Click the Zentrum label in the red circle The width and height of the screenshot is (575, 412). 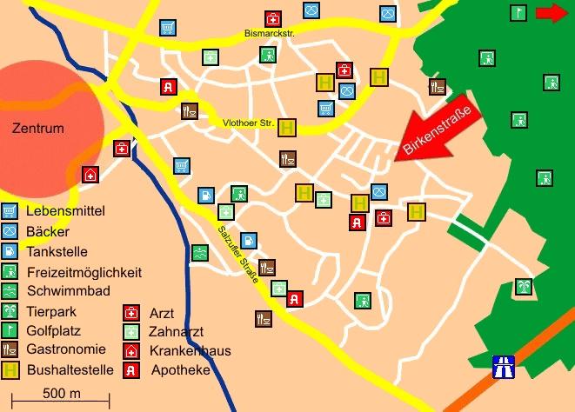[x=38, y=128]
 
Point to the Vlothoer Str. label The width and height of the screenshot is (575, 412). [x=249, y=123]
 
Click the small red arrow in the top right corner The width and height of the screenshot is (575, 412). [x=551, y=13]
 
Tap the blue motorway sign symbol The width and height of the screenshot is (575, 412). [x=503, y=365]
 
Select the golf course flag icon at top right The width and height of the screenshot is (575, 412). [x=518, y=13]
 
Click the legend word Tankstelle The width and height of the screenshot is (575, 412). [x=57, y=252]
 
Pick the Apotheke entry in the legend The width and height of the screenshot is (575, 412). [x=181, y=370]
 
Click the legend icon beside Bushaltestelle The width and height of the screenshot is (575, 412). [x=10, y=369]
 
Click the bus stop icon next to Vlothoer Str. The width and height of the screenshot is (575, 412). [x=287, y=127]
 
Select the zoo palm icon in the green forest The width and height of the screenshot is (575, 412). [x=523, y=287]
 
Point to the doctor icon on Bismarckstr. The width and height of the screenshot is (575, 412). [x=273, y=18]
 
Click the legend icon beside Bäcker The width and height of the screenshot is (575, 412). [x=10, y=231]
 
